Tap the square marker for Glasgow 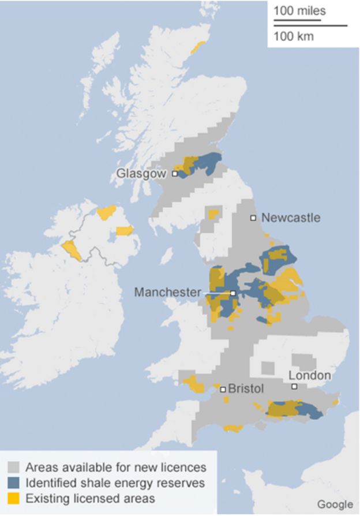pos(175,173)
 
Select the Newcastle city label pos(290,218)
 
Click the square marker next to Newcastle pos(253,218)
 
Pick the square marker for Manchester pos(233,293)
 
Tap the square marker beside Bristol pos(223,389)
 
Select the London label pos(310,376)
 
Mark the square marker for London pos(294,387)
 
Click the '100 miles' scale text pos(299,11)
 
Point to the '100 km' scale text pos(294,36)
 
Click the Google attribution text pos(335,504)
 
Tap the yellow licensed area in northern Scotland pos(198,46)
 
